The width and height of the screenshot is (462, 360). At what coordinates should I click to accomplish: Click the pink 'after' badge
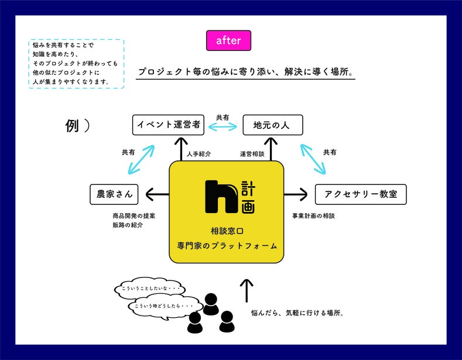(228, 40)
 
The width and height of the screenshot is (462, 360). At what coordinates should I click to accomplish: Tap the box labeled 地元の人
(273, 125)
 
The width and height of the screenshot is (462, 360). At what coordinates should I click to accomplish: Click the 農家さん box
(114, 194)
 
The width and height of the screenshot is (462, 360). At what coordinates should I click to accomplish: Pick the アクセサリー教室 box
(361, 194)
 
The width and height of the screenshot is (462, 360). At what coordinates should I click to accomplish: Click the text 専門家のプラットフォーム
(227, 246)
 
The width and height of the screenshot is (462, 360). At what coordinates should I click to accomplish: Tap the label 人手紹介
(199, 154)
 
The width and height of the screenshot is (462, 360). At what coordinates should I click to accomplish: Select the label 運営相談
(252, 154)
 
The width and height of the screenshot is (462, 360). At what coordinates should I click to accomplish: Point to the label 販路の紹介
(127, 225)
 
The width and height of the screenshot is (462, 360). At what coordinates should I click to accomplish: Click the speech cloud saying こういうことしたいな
(150, 289)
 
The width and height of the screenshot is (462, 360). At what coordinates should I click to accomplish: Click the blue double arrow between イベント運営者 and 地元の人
(223, 125)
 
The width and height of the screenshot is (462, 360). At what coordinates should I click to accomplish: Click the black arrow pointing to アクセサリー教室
(296, 194)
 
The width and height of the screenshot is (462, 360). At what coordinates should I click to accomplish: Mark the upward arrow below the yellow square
(247, 290)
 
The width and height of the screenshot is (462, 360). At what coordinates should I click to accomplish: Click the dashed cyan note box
(76, 63)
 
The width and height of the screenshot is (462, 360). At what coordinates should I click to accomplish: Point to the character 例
(72, 126)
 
